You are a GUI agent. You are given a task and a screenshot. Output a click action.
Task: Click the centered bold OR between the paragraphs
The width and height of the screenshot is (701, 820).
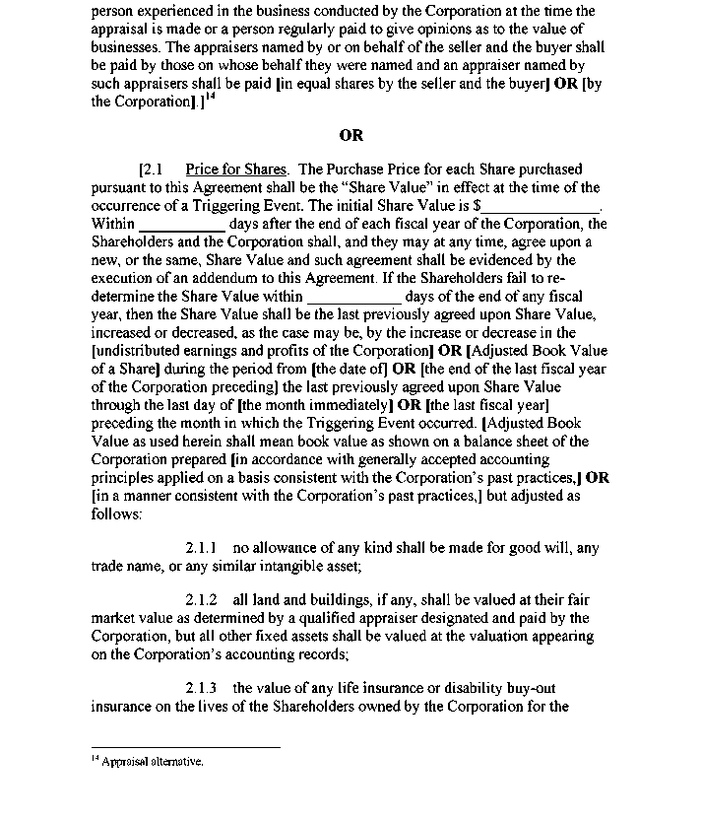click(x=350, y=136)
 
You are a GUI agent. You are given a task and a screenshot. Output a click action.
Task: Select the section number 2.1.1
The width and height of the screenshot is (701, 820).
click(x=201, y=548)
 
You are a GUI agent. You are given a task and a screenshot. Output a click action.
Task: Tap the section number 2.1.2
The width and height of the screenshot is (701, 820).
click(x=201, y=600)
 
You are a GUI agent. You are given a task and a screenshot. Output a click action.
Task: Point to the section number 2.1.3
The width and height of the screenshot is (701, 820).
click(x=201, y=688)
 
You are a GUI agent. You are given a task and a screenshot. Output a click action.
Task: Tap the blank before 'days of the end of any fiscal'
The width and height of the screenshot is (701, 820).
click(x=354, y=296)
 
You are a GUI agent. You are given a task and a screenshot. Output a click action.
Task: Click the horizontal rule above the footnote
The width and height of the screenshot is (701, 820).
click(x=185, y=747)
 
